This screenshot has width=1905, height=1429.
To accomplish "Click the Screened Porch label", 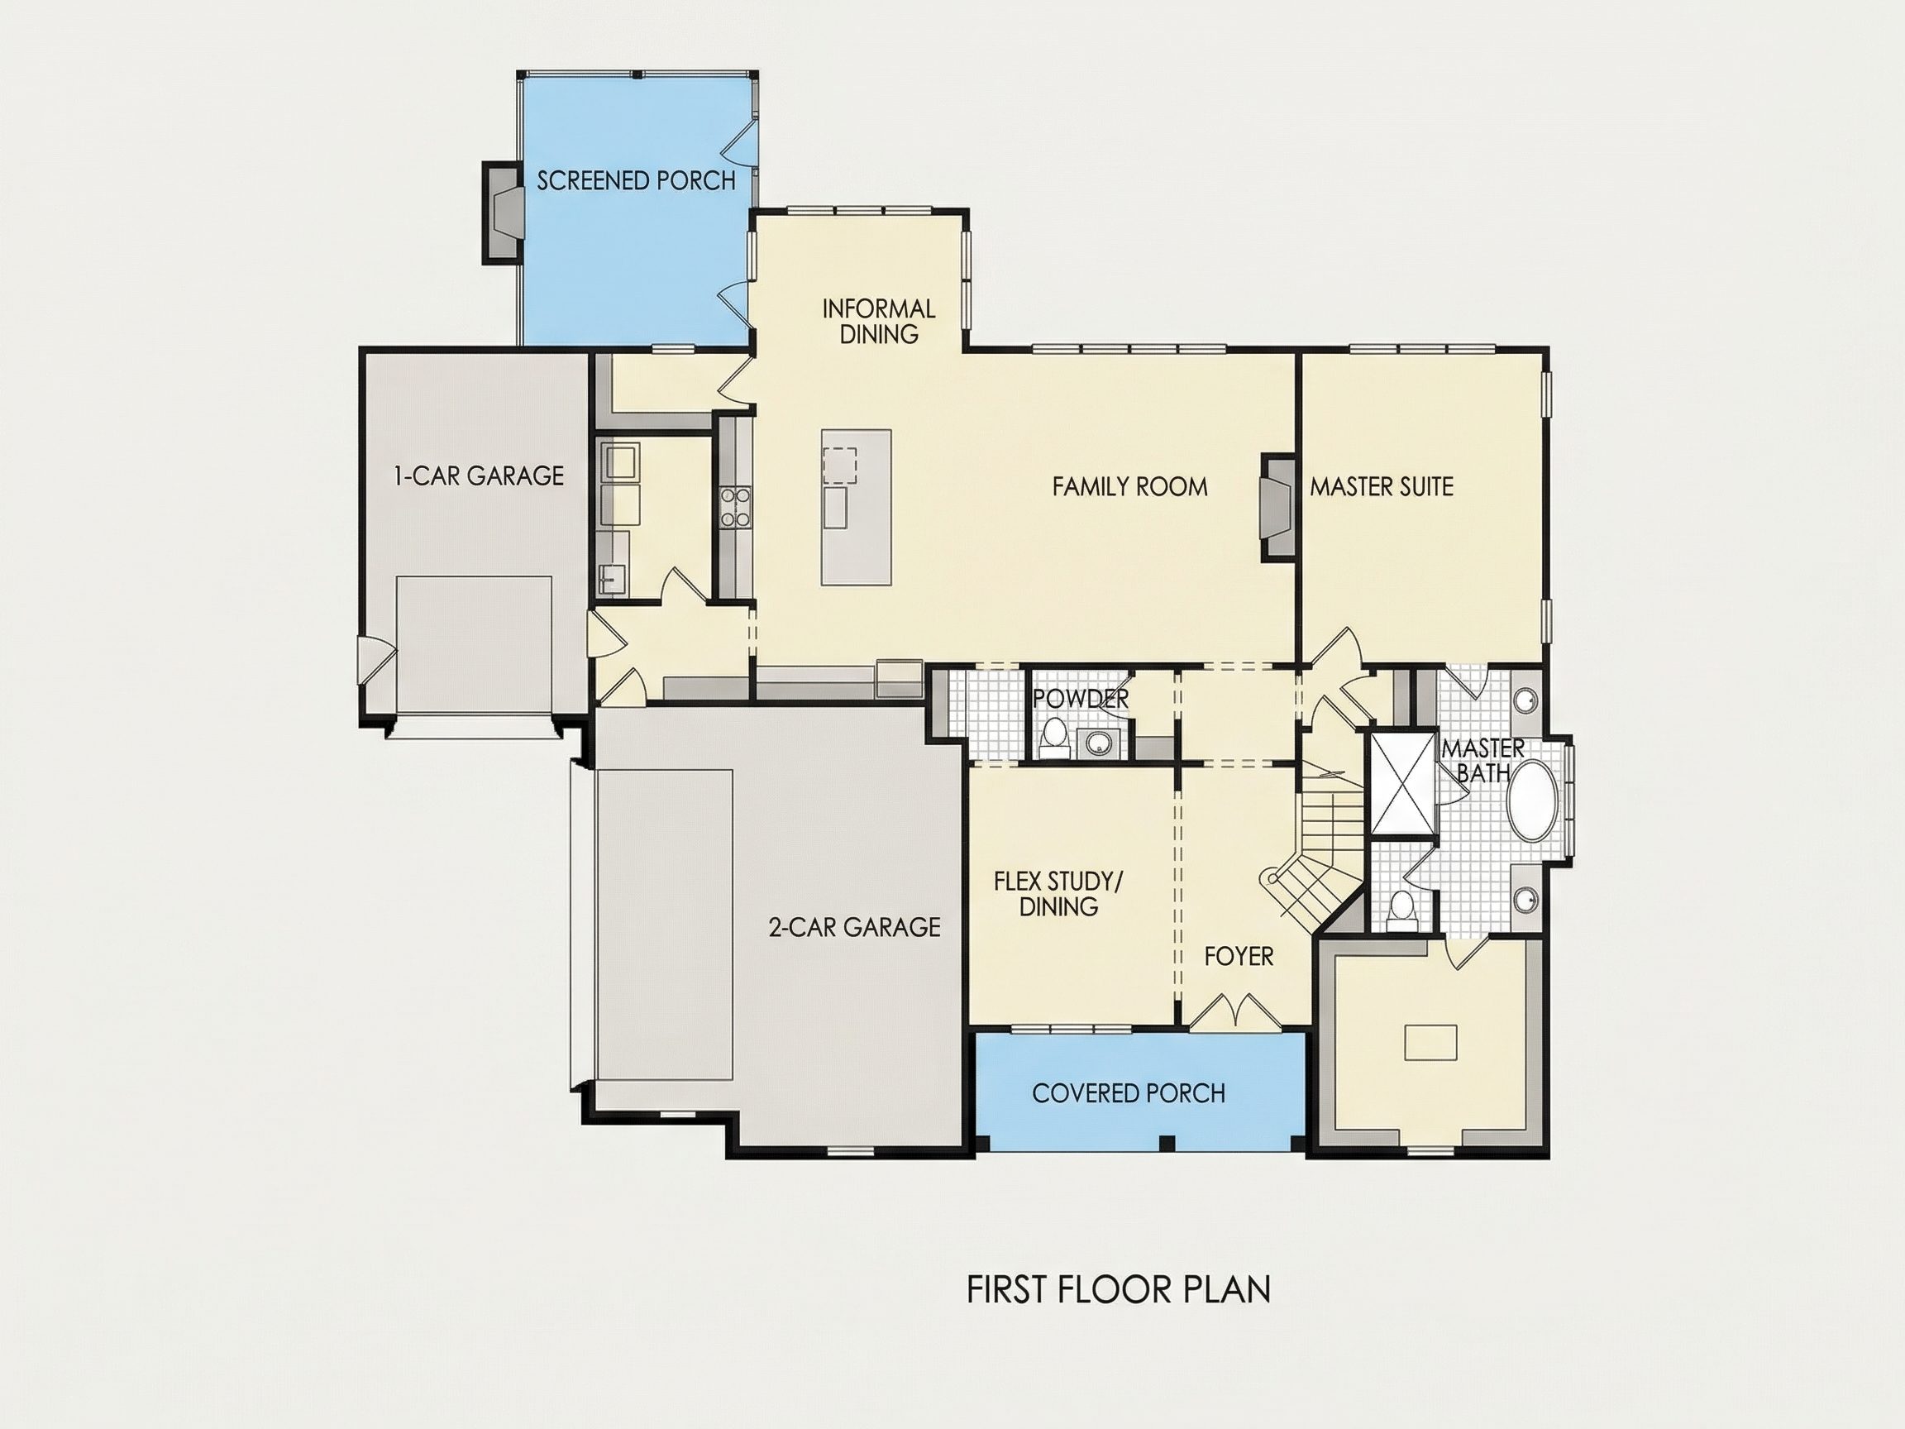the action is pyautogui.click(x=637, y=181).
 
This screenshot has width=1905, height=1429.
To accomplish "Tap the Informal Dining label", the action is pyautogui.click(x=878, y=322).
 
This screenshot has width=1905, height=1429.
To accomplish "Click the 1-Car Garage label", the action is pyautogui.click(x=479, y=476).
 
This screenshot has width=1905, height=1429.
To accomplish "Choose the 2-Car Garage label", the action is pyautogui.click(x=854, y=927).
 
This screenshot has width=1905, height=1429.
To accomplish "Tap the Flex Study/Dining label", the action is pyautogui.click(x=1059, y=893).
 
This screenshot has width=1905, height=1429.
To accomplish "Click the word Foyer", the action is pyautogui.click(x=1239, y=956).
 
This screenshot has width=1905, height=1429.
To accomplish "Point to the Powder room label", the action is pyautogui.click(x=1081, y=699).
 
